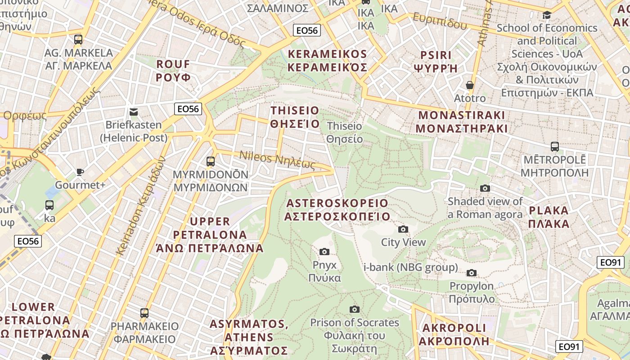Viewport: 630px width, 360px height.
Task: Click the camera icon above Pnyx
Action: [x=324, y=252]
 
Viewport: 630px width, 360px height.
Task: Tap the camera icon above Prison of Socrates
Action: [x=355, y=309]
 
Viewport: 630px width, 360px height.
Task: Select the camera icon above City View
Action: [x=403, y=229]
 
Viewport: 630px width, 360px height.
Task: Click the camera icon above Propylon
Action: [x=472, y=273]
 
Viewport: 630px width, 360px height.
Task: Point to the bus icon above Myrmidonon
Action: [x=210, y=161]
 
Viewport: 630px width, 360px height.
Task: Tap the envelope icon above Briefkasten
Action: [x=134, y=112]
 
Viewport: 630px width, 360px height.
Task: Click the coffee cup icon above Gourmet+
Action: [x=80, y=172]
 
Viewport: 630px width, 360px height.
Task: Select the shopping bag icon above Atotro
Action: [x=470, y=85]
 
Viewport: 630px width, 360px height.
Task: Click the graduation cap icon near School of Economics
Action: [x=547, y=15]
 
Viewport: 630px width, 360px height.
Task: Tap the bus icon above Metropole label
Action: [x=554, y=147]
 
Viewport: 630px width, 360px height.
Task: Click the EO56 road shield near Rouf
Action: [x=188, y=108]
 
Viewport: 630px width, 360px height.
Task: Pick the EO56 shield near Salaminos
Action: [x=307, y=30]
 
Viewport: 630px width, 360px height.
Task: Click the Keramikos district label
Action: [x=327, y=61]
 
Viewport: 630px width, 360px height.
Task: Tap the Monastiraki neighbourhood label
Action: [x=462, y=121]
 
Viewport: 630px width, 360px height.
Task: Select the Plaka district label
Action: [x=549, y=217]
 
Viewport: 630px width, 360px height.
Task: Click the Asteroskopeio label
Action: [x=337, y=210]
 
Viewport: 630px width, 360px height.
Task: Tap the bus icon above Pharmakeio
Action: [x=144, y=313]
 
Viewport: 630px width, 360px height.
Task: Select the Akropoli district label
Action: [x=454, y=334]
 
